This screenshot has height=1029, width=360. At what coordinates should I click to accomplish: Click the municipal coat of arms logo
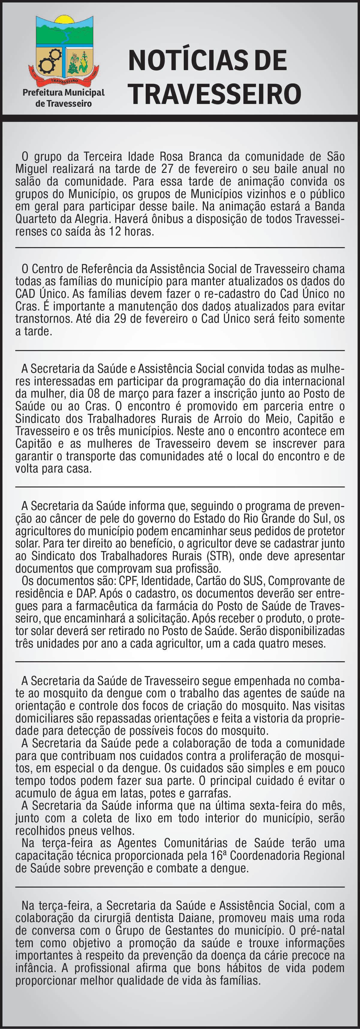point(64,50)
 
